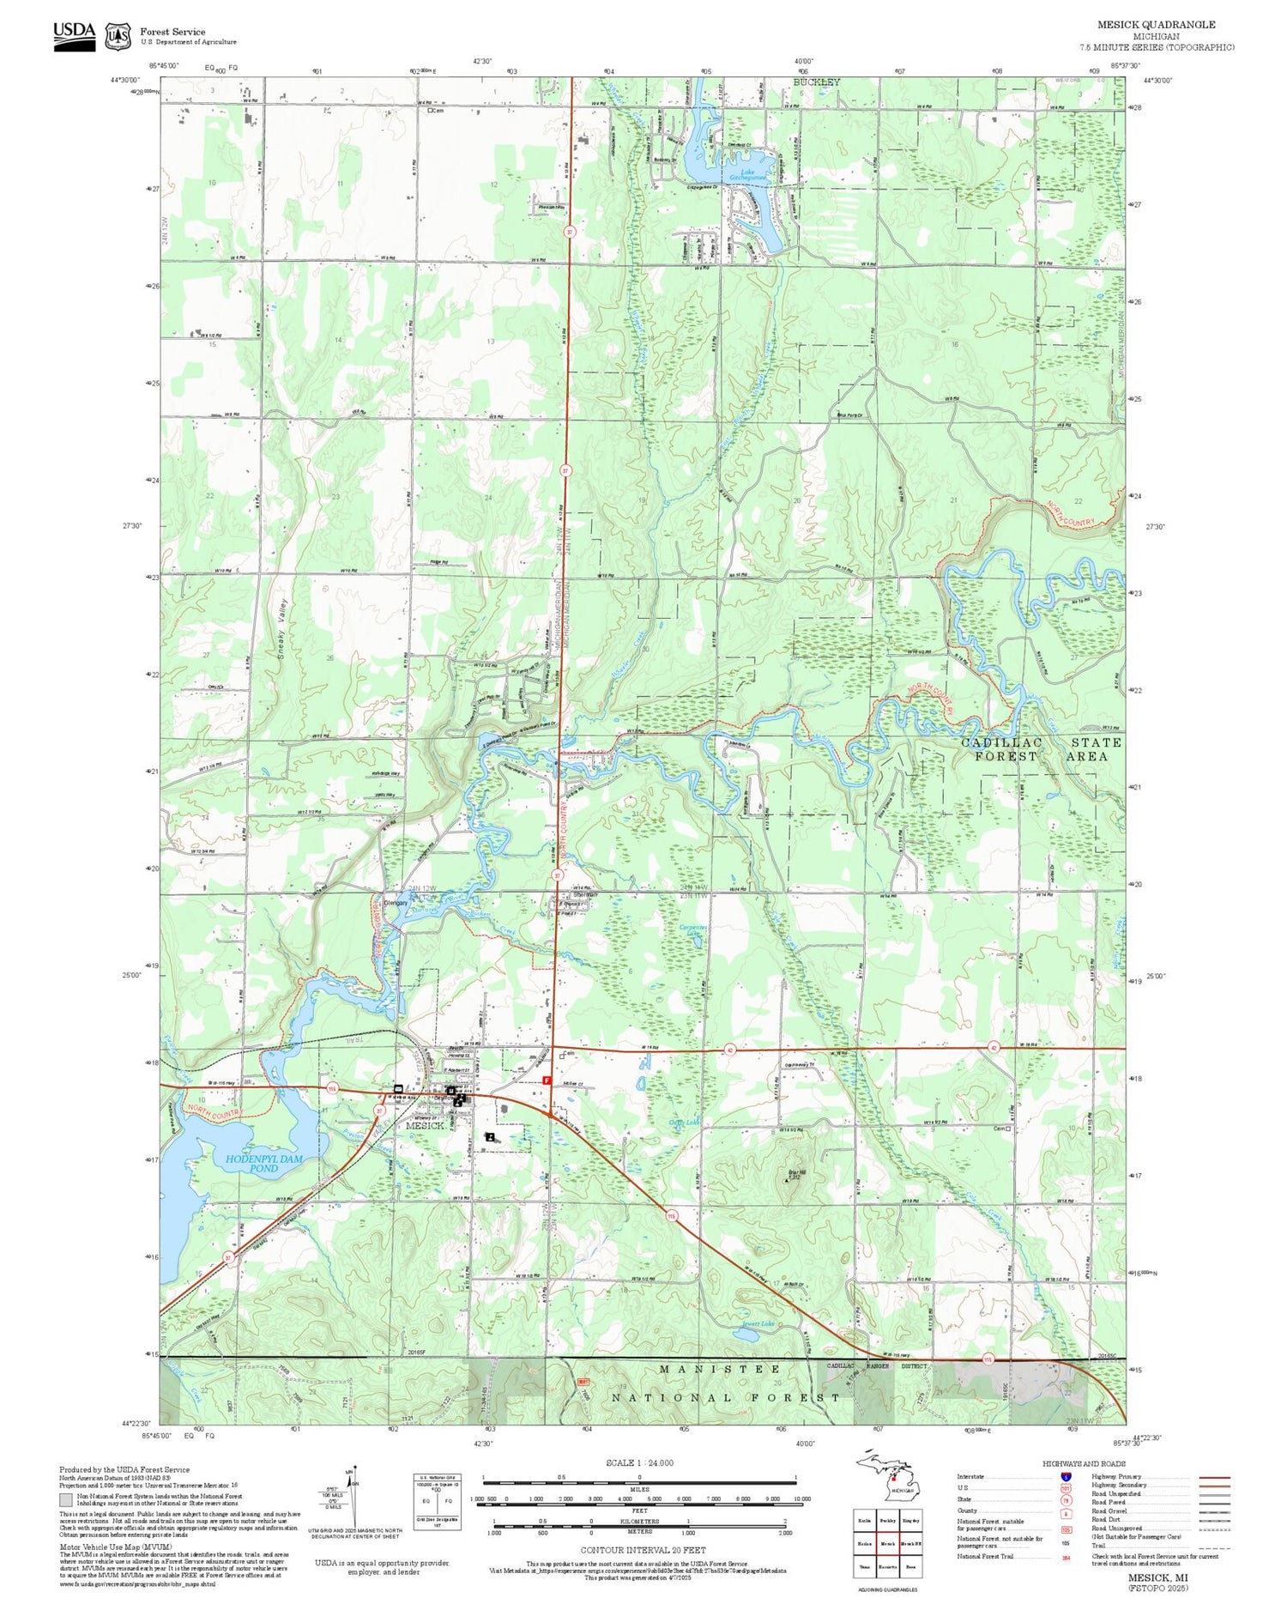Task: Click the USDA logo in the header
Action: [x=74, y=36]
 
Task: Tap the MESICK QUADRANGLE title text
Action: [x=1156, y=24]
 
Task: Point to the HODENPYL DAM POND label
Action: [x=264, y=1164]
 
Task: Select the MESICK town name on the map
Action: [x=425, y=1125]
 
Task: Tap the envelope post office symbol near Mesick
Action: [x=398, y=1088]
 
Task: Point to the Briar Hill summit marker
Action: [x=787, y=1181]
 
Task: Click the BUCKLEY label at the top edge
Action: [x=816, y=82]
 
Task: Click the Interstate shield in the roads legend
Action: [x=1066, y=1475]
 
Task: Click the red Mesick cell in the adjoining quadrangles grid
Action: [x=888, y=1543]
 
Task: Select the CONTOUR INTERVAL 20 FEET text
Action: [x=643, y=1550]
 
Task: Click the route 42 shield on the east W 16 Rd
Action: [x=994, y=1048]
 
